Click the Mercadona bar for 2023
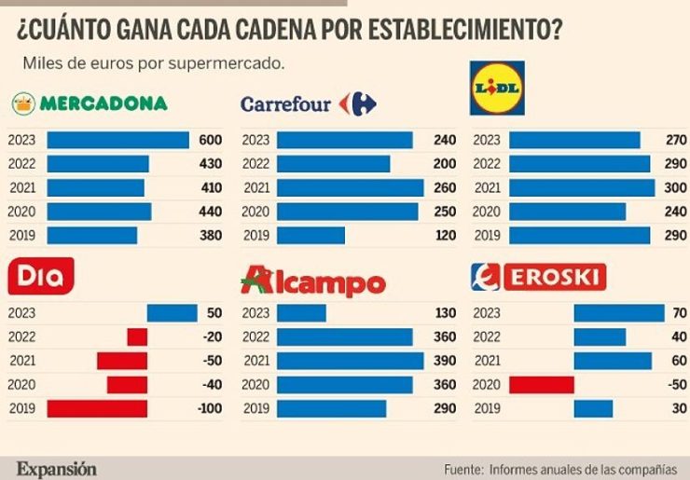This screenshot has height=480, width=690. point(117,140)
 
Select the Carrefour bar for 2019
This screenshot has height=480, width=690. point(310,236)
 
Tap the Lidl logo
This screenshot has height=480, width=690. point(497,88)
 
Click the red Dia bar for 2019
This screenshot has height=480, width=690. point(97,408)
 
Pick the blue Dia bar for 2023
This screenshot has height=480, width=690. point(172,313)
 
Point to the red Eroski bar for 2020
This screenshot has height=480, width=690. point(541,384)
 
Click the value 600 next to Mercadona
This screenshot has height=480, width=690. point(211,140)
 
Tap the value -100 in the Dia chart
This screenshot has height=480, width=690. point(208,408)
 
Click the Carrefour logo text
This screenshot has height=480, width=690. point(286,104)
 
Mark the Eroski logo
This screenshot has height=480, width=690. point(539,277)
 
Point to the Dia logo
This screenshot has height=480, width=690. point(40,276)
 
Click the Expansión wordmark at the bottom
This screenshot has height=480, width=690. point(56,469)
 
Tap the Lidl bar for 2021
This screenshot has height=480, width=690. point(582,188)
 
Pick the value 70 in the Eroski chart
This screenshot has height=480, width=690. point(679,313)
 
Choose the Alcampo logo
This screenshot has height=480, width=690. point(312,281)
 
